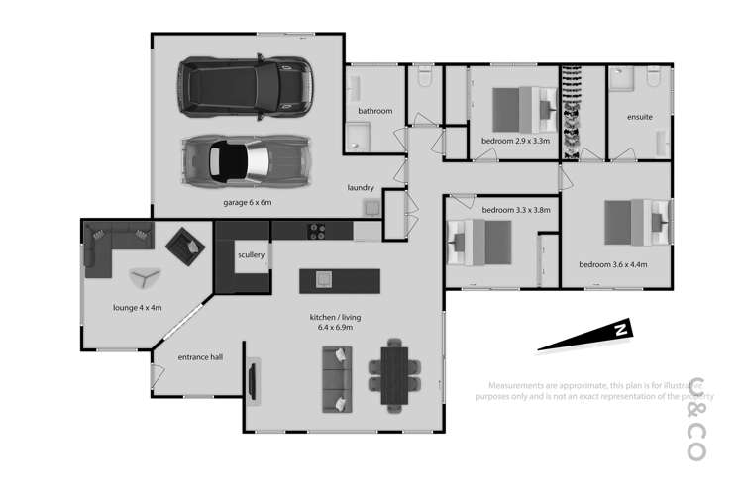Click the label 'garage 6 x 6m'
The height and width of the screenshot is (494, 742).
click(247, 202)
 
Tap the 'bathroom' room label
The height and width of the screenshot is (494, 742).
click(375, 111)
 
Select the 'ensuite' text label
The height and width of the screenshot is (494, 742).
click(639, 117)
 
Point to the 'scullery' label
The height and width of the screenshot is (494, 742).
click(251, 255)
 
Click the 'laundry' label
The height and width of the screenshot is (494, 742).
click(360, 187)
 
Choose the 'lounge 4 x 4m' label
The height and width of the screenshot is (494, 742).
click(138, 308)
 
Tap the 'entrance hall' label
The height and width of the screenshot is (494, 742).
click(199, 357)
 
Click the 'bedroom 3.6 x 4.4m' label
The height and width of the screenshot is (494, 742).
click(612, 264)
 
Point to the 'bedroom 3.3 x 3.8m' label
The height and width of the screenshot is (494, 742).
click(516, 210)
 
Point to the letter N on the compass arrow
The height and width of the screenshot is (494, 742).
click(617, 330)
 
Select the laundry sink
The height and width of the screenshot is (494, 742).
click(371, 206)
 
